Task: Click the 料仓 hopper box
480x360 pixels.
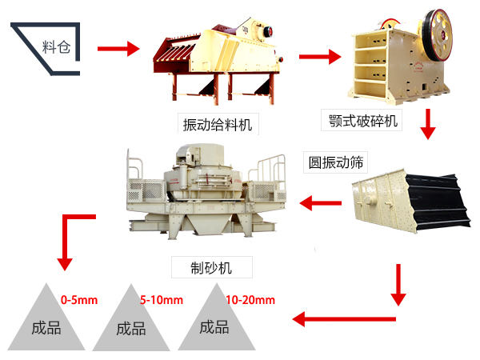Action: [48, 48]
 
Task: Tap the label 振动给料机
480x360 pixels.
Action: [216, 124]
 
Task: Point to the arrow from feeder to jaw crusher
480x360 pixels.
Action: [319, 57]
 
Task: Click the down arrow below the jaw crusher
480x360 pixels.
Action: [430, 123]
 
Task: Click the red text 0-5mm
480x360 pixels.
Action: [79, 301]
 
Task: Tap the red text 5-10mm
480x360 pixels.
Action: [162, 301]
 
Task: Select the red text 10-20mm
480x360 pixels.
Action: [250, 301]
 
